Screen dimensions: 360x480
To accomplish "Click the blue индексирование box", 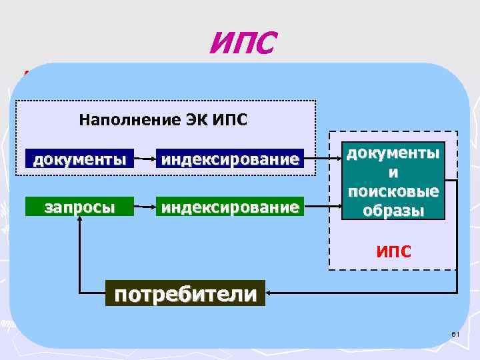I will coord(229,159).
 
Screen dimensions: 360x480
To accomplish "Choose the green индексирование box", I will coord(229,207).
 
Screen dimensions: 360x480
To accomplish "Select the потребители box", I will coord(185,293).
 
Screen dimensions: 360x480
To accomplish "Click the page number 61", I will coord(456,333).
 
